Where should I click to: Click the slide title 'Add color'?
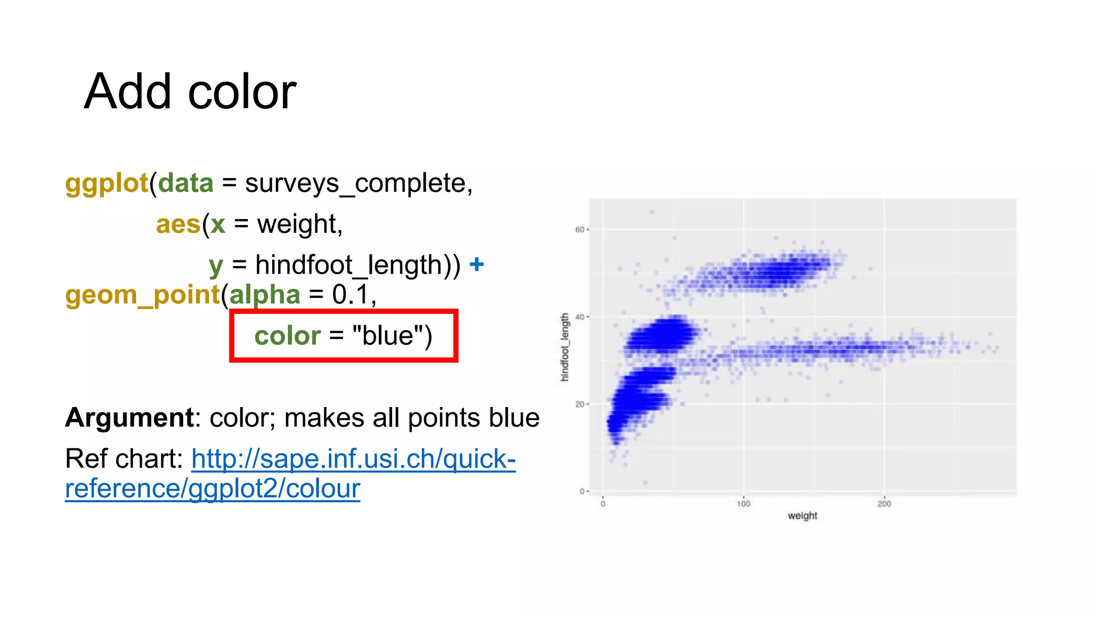190,92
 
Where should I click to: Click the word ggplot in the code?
106,184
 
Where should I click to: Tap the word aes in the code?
178,224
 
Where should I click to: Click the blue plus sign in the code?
476,265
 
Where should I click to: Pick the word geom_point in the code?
142,295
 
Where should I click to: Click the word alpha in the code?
265,295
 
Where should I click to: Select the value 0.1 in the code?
351,295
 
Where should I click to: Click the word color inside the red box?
287,336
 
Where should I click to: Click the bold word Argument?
129,418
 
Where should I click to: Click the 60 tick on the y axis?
580,230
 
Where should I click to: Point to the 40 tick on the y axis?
580,317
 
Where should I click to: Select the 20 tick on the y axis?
580,404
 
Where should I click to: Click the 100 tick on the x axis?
743,504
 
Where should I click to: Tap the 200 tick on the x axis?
884,504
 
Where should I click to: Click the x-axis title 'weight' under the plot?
802,516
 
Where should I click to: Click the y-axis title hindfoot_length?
565,347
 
